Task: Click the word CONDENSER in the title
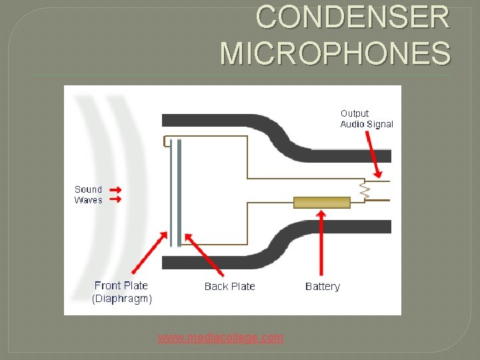pyautogui.click(x=353, y=17)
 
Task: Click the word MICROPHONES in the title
pyautogui.click(x=335, y=53)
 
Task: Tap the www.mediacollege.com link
pyautogui.click(x=220, y=337)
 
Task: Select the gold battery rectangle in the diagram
pyautogui.click(x=322, y=203)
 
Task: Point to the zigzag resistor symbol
pyautogui.click(x=365, y=190)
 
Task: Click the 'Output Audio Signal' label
pyautogui.click(x=367, y=119)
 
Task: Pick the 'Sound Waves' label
pyautogui.click(x=88, y=195)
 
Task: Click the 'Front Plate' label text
pyautogui.click(x=121, y=285)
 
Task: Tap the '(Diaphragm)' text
pyautogui.click(x=122, y=299)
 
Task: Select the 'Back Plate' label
pyautogui.click(x=229, y=287)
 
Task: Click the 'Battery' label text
pyautogui.click(x=322, y=287)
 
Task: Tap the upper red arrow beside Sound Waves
pyautogui.click(x=116, y=190)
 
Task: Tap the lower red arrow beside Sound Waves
pyautogui.click(x=116, y=199)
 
